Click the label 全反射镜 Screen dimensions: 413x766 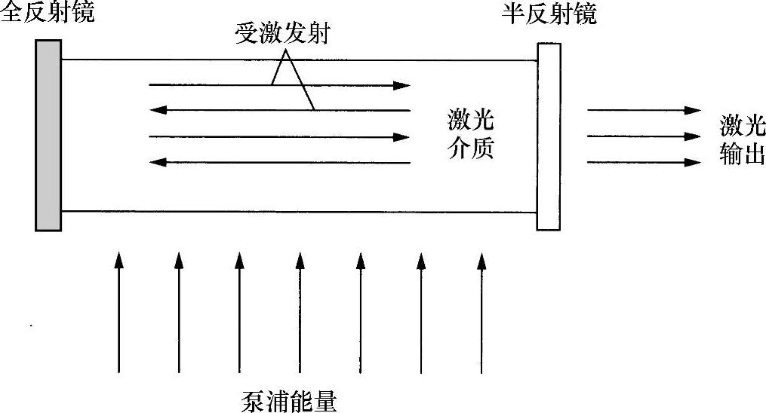pos(48,14)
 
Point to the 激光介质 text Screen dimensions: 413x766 pos(469,136)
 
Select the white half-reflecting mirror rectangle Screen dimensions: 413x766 pos(549,136)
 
